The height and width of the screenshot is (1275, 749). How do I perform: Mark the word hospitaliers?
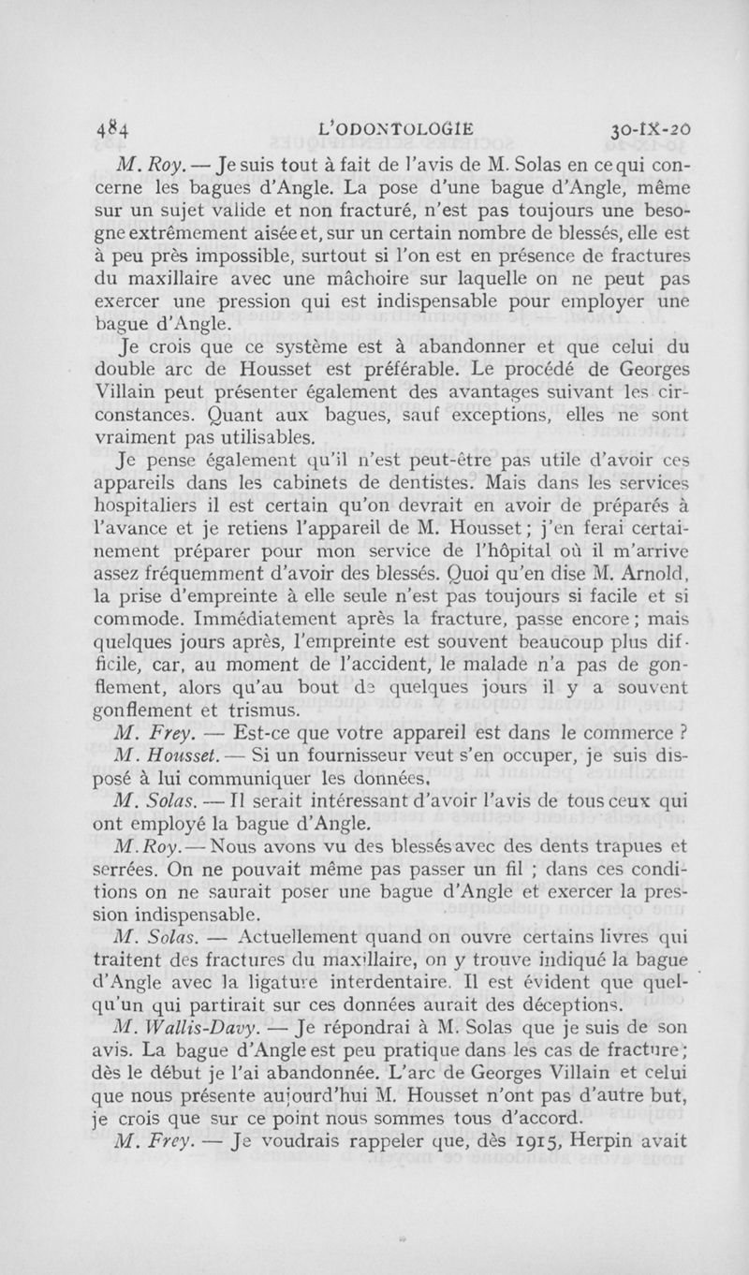(147, 509)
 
